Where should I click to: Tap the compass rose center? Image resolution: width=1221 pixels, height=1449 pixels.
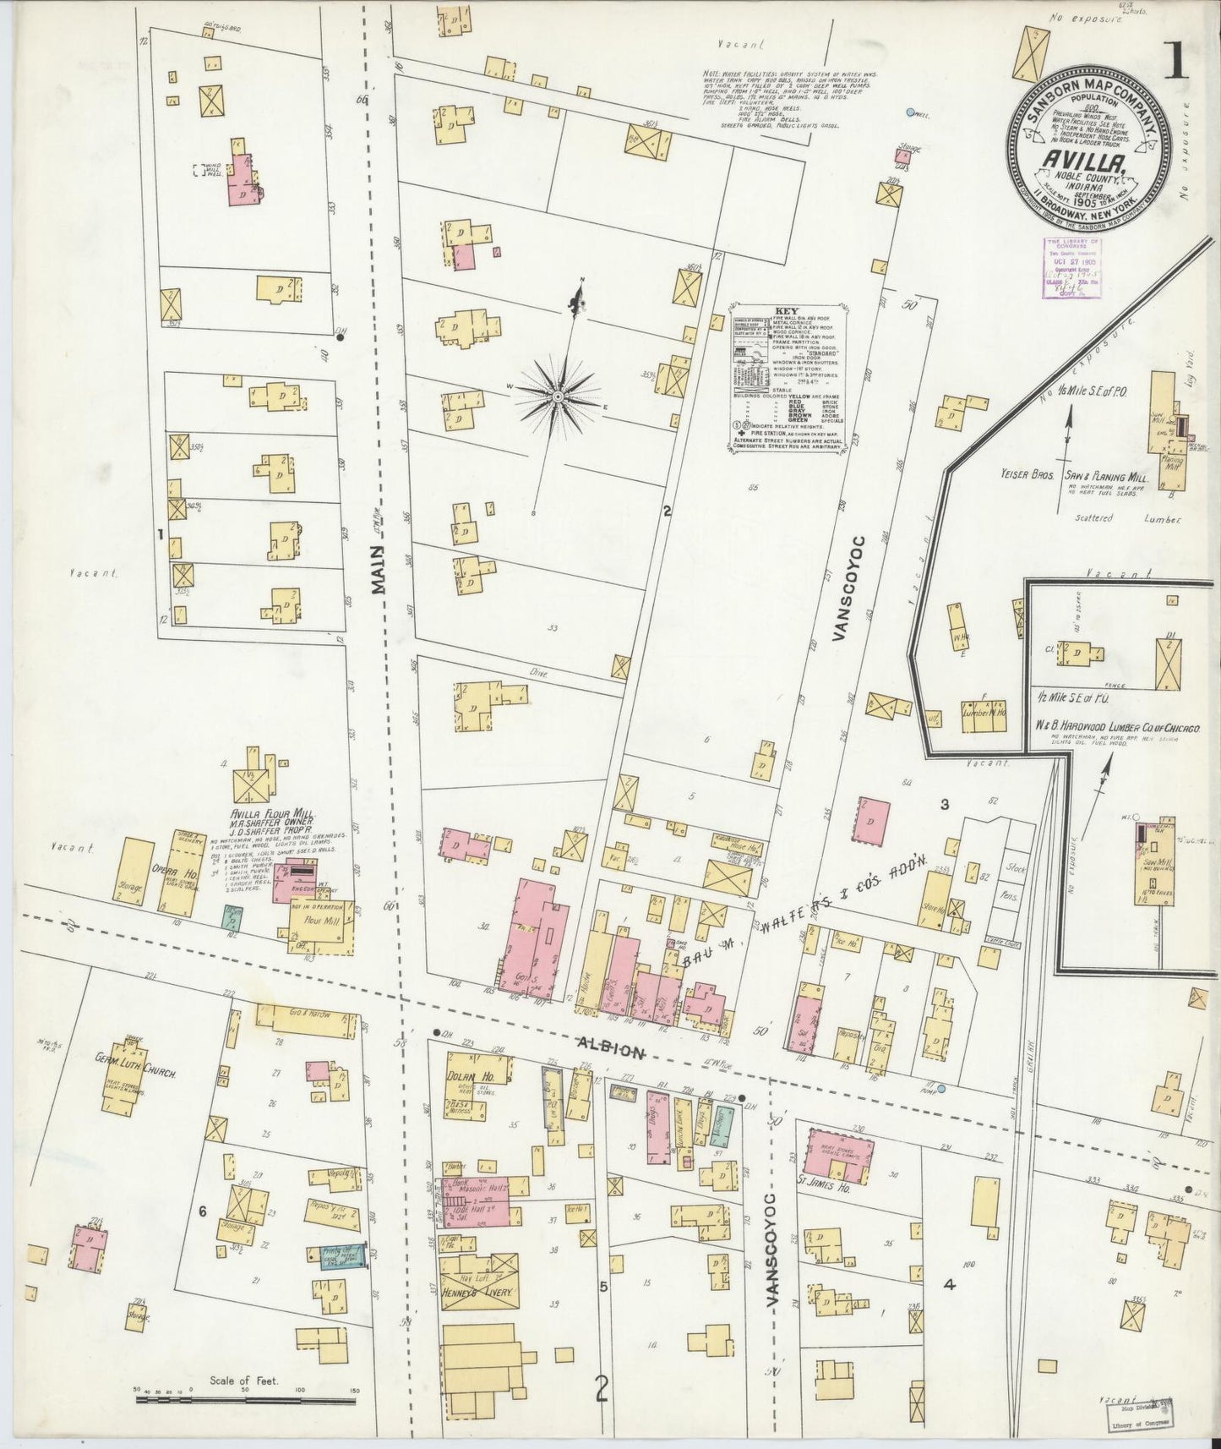point(559,395)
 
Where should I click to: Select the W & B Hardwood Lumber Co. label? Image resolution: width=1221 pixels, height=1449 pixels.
point(1120,725)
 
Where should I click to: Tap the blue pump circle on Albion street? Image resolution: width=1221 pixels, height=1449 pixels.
point(941,1090)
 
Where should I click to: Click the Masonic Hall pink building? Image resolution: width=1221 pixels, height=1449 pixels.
point(477,1199)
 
